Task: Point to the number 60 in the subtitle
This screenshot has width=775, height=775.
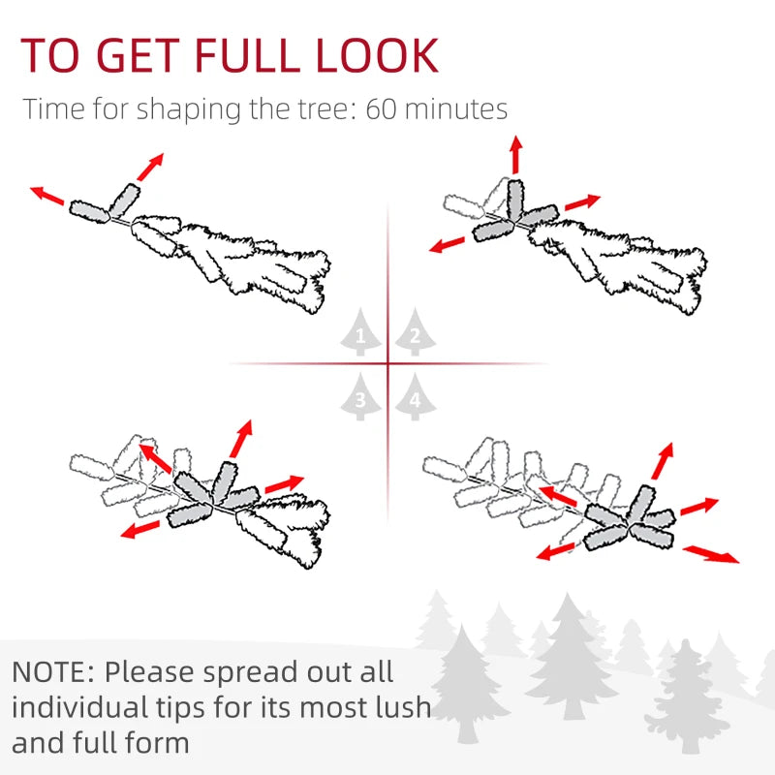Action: tap(381, 109)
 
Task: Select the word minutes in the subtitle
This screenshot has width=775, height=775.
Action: tap(456, 109)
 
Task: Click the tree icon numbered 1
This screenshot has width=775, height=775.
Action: tap(360, 331)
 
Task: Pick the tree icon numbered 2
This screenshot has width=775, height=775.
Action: tap(416, 331)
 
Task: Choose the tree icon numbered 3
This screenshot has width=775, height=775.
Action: tap(360, 396)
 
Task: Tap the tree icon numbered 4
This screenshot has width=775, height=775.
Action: tap(416, 396)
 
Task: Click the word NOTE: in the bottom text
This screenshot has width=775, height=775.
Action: tap(53, 672)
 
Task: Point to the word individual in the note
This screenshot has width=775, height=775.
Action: tap(79, 707)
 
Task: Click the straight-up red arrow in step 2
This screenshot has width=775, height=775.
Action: tap(516, 154)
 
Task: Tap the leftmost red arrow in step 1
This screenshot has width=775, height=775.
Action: tap(46, 196)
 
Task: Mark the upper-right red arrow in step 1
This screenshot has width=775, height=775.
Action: tap(150, 167)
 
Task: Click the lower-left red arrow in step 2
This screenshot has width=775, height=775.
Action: tap(447, 244)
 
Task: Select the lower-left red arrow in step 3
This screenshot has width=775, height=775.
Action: tap(140, 529)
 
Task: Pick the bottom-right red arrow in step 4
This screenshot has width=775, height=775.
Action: tap(711, 553)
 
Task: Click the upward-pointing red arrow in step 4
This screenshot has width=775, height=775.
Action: tap(663, 461)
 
